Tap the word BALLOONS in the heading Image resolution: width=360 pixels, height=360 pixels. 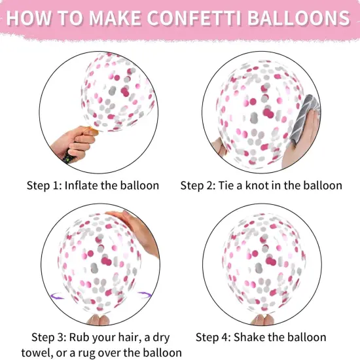[x=304, y=18]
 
